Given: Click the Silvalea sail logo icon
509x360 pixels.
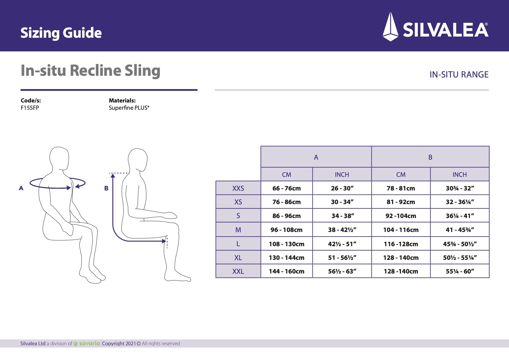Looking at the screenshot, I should (x=390, y=27).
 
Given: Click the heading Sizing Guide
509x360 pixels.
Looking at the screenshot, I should (x=61, y=33).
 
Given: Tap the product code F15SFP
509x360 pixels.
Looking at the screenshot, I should (x=30, y=108).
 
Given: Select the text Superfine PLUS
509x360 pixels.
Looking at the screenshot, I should (x=129, y=108).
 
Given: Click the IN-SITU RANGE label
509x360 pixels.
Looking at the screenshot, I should (x=459, y=75).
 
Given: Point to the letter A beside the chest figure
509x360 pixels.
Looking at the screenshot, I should (x=21, y=188).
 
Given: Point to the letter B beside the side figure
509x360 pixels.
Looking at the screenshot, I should (x=106, y=188).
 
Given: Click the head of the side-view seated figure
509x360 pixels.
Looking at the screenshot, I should (x=138, y=160).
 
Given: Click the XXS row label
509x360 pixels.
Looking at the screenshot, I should (x=238, y=188).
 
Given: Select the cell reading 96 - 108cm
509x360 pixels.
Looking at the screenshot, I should (x=286, y=230).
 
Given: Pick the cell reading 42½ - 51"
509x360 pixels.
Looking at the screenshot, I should (x=342, y=244).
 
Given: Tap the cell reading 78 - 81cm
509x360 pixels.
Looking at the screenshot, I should (x=401, y=188).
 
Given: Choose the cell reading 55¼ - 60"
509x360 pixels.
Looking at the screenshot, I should (x=460, y=271).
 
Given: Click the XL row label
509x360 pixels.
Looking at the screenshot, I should (x=238, y=258).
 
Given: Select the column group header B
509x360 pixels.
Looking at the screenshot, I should (x=430, y=157).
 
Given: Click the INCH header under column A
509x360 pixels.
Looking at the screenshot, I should (x=342, y=174).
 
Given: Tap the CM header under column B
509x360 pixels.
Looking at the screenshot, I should (x=401, y=174).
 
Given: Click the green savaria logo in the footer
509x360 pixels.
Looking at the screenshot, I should (x=87, y=343).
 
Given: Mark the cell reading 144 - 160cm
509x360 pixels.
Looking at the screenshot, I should (x=286, y=271).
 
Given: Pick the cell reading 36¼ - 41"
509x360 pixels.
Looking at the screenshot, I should (x=460, y=216).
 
